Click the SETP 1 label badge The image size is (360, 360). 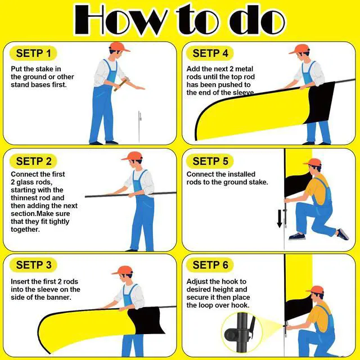click(x=33, y=53)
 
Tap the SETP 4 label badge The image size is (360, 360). click(x=210, y=53)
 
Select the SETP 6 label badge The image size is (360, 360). click(x=210, y=265)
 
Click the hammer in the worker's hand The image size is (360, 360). click(x=121, y=84)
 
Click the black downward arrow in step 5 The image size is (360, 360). click(x=280, y=219)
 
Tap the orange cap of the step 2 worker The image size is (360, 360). click(x=133, y=156)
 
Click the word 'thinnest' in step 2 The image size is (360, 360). click(x=24, y=198)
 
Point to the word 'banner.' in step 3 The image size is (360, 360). click(x=59, y=298)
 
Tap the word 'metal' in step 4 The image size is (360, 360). click(x=244, y=69)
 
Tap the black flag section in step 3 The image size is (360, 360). click(x=145, y=321)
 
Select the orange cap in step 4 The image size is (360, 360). click(x=299, y=49)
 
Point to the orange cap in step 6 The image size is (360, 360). click(x=315, y=289)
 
